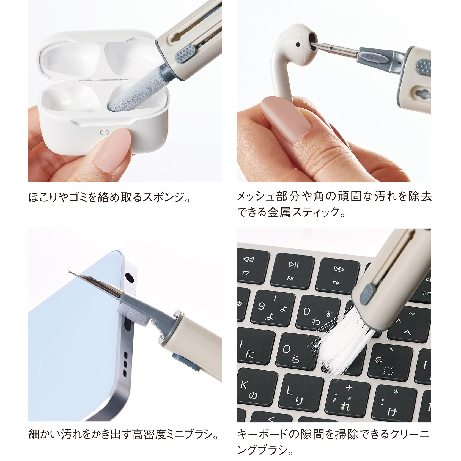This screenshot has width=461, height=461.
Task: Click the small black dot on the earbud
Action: click(298, 44)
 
